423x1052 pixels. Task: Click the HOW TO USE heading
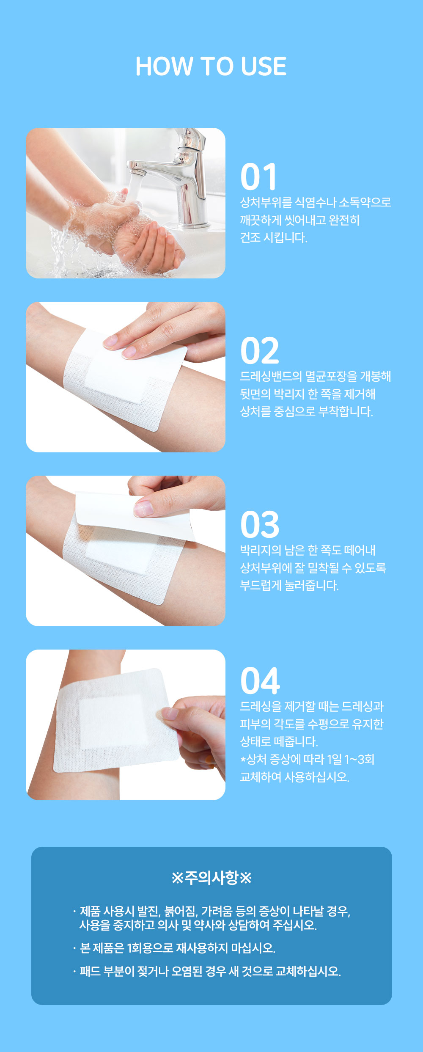[x=211, y=66]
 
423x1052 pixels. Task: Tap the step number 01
[x=258, y=177]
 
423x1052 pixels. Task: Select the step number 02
[x=260, y=351]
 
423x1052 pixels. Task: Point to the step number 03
[x=260, y=525]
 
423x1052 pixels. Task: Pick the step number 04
[x=260, y=681]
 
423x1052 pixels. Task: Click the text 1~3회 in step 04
[x=359, y=759]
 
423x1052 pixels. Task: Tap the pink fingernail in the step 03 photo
[x=143, y=508]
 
